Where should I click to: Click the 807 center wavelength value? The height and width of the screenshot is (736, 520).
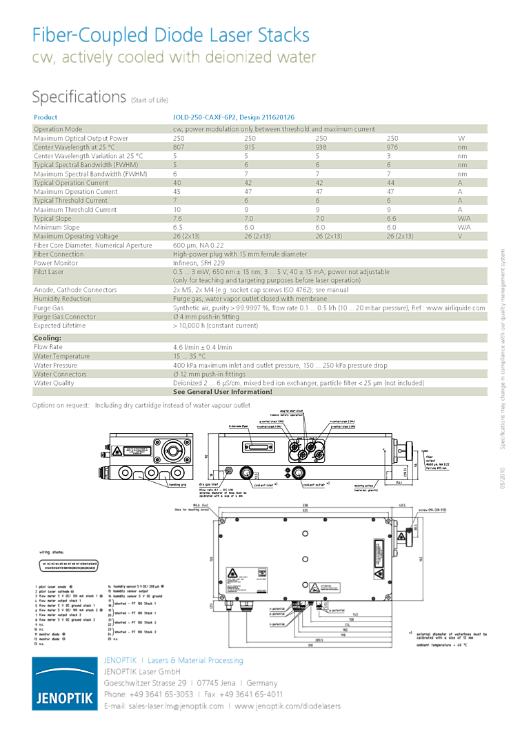coord(179,147)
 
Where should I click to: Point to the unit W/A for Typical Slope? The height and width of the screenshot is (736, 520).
coord(464,219)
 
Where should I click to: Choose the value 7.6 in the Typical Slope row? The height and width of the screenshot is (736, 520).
coord(178,219)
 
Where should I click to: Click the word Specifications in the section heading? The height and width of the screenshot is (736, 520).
coord(79,97)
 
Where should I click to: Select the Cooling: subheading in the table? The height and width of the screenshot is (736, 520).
coord(48,338)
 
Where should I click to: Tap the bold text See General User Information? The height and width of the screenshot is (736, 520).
coord(223,392)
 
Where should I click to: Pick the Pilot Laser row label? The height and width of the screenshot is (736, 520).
coord(49,272)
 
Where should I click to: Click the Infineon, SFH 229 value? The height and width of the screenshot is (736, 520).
coord(199,263)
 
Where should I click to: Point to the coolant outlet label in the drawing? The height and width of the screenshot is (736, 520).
coord(317,486)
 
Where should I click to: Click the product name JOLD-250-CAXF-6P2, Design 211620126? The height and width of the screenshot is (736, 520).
coord(233,118)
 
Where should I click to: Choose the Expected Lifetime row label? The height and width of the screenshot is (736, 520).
coord(60,326)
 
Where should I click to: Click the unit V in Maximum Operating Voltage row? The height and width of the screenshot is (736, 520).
coord(461,236)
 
